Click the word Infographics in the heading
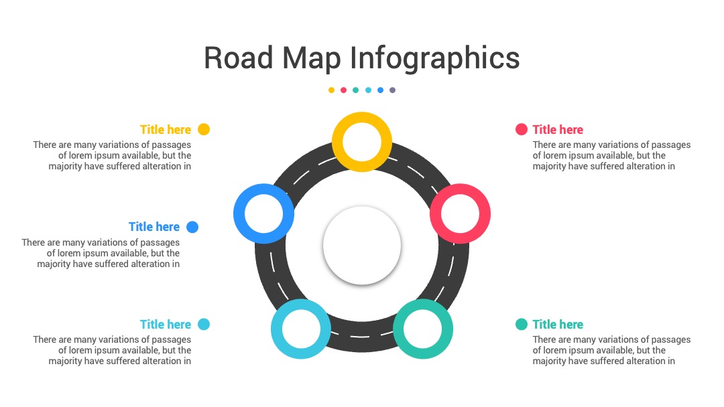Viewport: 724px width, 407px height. click(434, 58)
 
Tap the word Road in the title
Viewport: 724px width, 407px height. click(238, 58)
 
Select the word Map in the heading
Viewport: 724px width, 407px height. click(311, 58)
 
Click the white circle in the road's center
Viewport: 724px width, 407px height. click(362, 245)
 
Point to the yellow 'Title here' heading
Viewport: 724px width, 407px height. click(166, 129)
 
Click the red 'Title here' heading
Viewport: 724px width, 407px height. click(558, 129)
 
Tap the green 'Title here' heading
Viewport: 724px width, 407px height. click(558, 325)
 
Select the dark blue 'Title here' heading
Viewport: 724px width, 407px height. click(154, 227)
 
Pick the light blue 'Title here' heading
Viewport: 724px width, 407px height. click(166, 325)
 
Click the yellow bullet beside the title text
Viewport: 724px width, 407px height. click(204, 129)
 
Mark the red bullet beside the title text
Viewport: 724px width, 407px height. click(522, 129)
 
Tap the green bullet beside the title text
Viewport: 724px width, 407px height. click(522, 325)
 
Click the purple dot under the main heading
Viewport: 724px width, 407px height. click(392, 90)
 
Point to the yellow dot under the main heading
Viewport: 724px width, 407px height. click(331, 90)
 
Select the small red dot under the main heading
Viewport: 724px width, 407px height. click(343, 90)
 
